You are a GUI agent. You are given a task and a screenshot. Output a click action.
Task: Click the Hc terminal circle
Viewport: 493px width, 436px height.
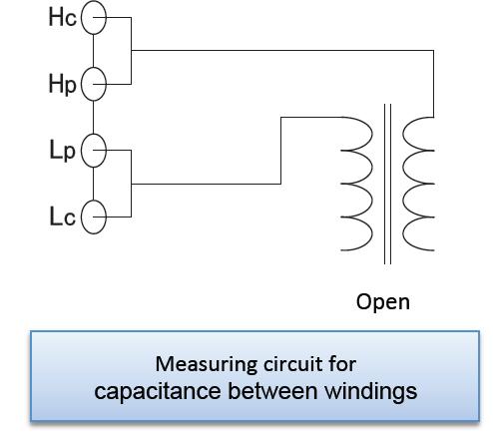(x=82, y=18)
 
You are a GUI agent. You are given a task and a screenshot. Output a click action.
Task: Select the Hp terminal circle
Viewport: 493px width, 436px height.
(x=82, y=84)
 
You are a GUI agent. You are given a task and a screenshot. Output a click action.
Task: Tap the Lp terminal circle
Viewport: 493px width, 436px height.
(x=82, y=151)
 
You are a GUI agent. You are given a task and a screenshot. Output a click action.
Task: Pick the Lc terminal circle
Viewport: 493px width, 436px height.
(x=82, y=217)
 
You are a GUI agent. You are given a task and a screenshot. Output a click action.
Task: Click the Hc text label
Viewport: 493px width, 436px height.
(x=63, y=17)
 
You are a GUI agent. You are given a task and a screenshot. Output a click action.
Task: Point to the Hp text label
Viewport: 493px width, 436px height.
(x=63, y=85)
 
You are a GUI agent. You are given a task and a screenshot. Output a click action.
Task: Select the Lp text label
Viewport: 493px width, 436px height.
(x=62, y=151)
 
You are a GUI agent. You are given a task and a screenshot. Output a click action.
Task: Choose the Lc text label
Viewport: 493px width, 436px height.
(x=63, y=217)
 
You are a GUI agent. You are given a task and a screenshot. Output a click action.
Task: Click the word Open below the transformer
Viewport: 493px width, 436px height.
(x=383, y=302)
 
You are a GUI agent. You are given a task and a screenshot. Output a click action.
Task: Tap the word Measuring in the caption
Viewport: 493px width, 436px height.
(x=207, y=365)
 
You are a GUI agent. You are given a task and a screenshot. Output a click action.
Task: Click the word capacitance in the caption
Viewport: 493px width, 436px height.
(x=158, y=391)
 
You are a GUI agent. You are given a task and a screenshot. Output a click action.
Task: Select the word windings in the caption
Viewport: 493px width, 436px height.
(x=371, y=392)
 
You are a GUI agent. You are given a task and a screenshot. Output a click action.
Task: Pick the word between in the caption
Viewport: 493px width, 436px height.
(x=272, y=391)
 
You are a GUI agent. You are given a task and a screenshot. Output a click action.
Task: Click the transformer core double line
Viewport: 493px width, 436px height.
(x=387, y=184)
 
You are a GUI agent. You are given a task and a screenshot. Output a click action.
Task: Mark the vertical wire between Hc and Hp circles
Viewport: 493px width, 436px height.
(x=93, y=51)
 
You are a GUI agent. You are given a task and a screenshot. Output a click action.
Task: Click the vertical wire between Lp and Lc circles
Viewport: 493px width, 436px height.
(x=93, y=184)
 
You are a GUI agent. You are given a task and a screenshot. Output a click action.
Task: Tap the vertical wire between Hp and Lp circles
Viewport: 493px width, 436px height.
(x=93, y=117)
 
